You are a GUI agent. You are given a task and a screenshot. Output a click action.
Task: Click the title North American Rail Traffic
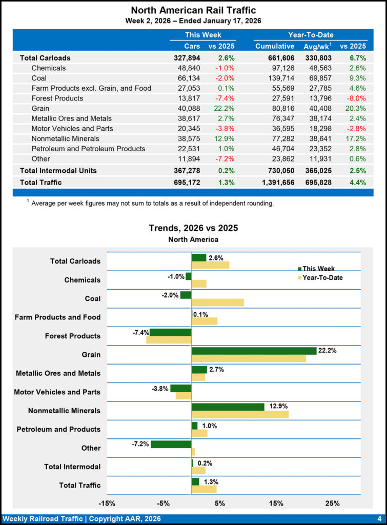pos(193,10)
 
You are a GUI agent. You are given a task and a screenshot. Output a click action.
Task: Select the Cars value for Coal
pos(188,78)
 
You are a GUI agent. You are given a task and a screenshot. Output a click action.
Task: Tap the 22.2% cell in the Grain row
pos(221,108)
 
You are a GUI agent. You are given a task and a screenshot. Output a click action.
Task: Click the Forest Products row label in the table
pos(57,98)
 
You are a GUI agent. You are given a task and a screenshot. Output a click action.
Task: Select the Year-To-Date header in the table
pos(311,35)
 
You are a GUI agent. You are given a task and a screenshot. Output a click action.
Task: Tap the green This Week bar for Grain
pos(254,351)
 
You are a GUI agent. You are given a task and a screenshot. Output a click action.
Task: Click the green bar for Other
pos(171,444)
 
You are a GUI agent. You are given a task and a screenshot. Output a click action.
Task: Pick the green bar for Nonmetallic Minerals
pos(228,407)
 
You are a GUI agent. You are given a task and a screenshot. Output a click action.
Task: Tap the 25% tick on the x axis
pos(332,503)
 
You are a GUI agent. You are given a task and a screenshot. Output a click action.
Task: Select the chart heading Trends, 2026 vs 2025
pos(193,228)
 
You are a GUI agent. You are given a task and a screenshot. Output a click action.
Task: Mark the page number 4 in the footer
pos(379,519)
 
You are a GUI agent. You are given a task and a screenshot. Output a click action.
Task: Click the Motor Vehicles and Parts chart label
pos(57,392)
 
